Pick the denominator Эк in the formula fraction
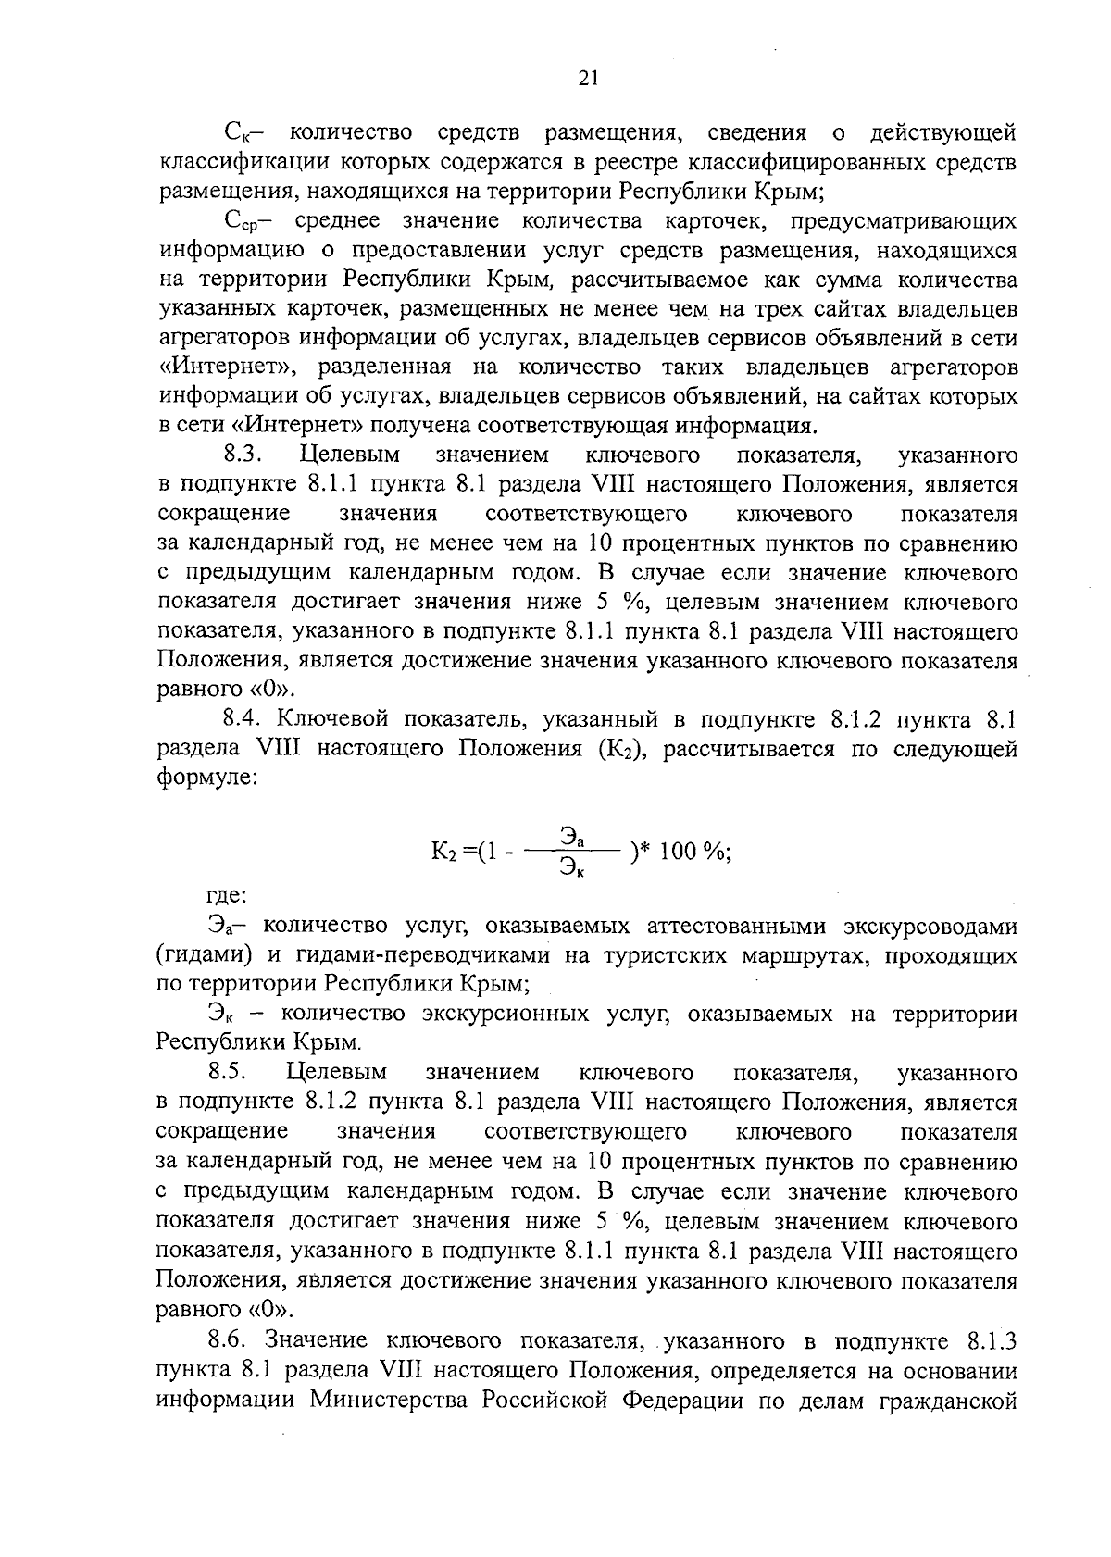572,868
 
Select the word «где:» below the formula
225,896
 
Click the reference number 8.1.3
992,1339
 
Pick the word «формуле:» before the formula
207,778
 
